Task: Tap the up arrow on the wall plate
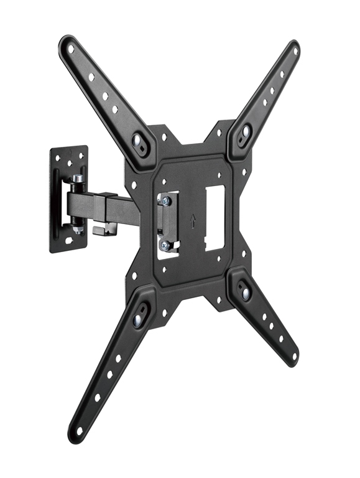pyautogui.click(x=69, y=153)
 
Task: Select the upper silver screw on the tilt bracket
pyautogui.click(x=166, y=200)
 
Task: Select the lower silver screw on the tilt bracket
pyautogui.click(x=165, y=245)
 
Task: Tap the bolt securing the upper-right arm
pyautogui.click(x=245, y=131)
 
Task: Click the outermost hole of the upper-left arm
pyautogui.click(x=70, y=48)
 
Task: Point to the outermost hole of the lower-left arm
pyautogui.click(x=79, y=429)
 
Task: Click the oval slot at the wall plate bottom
pyautogui.click(x=69, y=240)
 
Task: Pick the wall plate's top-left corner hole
pyautogui.click(x=57, y=157)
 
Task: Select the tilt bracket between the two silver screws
pyautogui.click(x=165, y=222)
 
